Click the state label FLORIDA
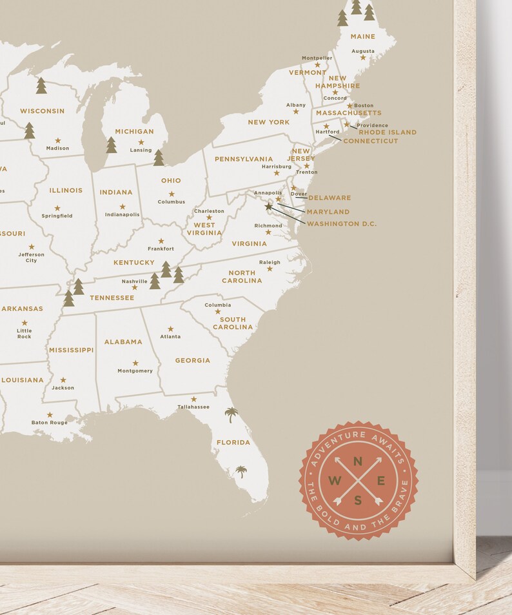click(x=233, y=442)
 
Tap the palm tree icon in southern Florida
click(x=241, y=472)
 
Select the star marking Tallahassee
click(x=193, y=399)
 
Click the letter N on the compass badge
click(x=358, y=461)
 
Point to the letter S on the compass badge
click(x=357, y=499)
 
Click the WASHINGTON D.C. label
click(x=342, y=224)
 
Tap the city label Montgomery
click(x=135, y=371)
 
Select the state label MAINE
click(x=362, y=37)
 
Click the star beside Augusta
click(x=362, y=57)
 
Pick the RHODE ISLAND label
click(x=388, y=132)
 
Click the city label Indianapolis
click(x=122, y=215)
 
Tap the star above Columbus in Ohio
click(x=172, y=194)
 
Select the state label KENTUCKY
click(x=134, y=263)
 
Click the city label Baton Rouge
click(x=49, y=423)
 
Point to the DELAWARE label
click(x=330, y=197)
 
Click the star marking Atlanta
click(x=170, y=328)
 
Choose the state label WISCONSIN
click(x=42, y=111)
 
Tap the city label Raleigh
click(x=270, y=262)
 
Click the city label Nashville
click(x=135, y=281)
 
